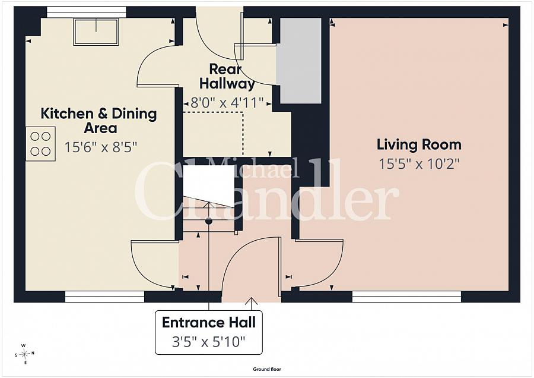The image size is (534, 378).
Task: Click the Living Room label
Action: click(419, 144)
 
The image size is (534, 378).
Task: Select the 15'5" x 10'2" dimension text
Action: click(419, 164)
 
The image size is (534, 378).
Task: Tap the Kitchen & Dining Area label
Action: click(99, 121)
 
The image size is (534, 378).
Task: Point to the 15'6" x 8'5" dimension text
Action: click(100, 147)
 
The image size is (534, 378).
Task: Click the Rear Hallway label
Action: click(227, 77)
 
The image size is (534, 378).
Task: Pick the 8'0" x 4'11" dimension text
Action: click(227, 102)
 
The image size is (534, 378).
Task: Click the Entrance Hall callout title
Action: click(209, 322)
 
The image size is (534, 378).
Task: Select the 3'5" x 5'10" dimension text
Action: click(208, 341)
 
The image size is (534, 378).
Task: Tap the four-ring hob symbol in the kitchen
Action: click(40, 144)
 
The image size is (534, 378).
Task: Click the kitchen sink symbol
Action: click(96, 31)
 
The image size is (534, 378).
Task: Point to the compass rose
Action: click(24, 354)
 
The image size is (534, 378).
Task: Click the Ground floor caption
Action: click(267, 369)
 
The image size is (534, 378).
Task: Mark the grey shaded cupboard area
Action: click(298, 61)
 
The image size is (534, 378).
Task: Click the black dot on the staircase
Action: click(209, 221)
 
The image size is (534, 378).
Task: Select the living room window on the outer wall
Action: click(406, 297)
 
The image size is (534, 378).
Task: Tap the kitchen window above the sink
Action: click(87, 12)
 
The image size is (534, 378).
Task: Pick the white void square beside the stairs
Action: click(209, 186)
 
